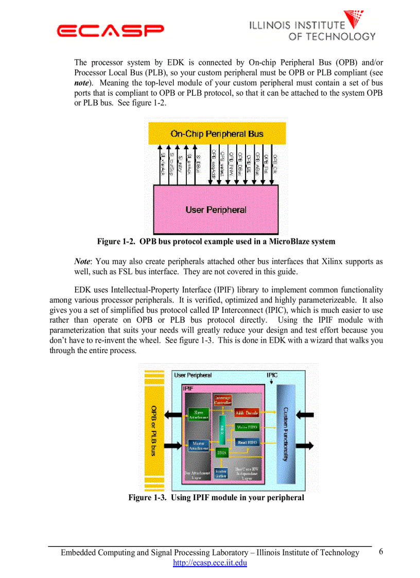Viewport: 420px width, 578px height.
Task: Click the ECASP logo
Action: pos(111,31)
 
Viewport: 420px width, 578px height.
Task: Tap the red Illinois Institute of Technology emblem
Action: pos(355,19)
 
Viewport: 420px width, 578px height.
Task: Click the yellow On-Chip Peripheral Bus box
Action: pos(217,134)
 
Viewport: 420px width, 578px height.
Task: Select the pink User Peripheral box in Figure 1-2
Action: pos(216,209)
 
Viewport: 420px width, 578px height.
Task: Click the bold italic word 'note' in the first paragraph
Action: pos(83,82)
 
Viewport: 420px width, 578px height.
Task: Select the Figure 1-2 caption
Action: pos(216,241)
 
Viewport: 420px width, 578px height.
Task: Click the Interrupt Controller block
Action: pos(222,400)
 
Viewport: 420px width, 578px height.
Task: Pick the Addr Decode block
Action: pos(247,413)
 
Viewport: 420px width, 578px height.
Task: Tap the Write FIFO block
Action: pos(247,427)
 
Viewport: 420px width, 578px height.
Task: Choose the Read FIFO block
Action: pos(247,442)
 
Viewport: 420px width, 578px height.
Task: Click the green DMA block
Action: pos(222,453)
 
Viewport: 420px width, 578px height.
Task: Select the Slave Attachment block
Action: pos(198,415)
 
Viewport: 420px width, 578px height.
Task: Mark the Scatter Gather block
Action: pos(221,473)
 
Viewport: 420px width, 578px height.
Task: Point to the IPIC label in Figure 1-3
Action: pos(272,375)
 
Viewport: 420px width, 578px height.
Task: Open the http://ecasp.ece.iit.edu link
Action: pos(210,563)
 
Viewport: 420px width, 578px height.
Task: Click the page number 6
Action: pos(381,552)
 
